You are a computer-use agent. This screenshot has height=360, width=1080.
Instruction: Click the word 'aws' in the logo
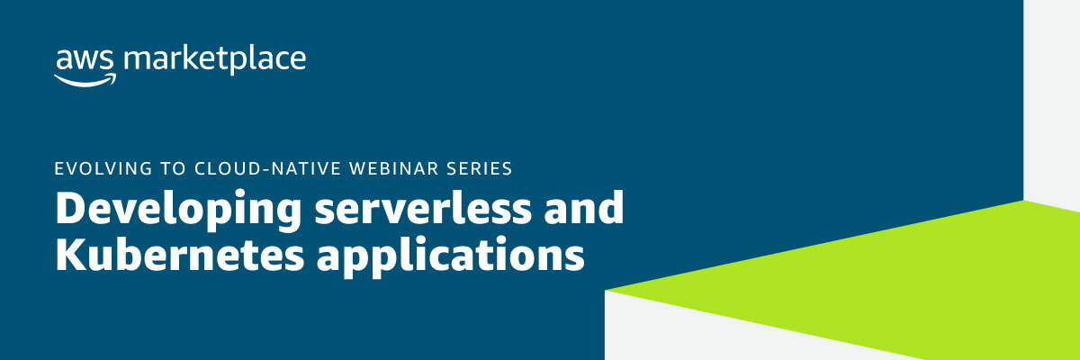(x=85, y=60)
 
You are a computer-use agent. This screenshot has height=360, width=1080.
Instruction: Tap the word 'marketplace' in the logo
(x=215, y=61)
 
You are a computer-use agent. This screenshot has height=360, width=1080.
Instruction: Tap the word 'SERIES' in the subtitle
(x=480, y=168)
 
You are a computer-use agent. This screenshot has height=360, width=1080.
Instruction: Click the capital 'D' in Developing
(x=69, y=208)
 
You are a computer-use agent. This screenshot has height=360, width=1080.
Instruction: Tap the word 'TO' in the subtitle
(x=158, y=168)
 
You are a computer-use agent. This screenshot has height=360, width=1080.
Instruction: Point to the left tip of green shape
(x=608, y=290)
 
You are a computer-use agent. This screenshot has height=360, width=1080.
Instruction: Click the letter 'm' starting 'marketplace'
(x=134, y=61)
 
